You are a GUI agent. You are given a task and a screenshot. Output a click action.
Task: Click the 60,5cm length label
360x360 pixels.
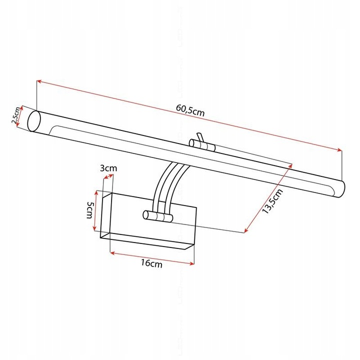coord(190,111)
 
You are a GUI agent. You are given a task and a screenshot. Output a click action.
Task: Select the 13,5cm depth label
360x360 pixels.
coord(272,202)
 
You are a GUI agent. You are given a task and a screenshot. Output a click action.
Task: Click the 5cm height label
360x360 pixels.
coord(89,210)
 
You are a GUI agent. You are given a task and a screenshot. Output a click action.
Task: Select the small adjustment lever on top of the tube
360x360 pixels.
coord(199,137)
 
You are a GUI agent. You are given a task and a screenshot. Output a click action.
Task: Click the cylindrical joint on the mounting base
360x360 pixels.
coord(157,216)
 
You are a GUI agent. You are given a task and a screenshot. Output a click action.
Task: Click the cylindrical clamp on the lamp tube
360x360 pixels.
coord(202,145)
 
